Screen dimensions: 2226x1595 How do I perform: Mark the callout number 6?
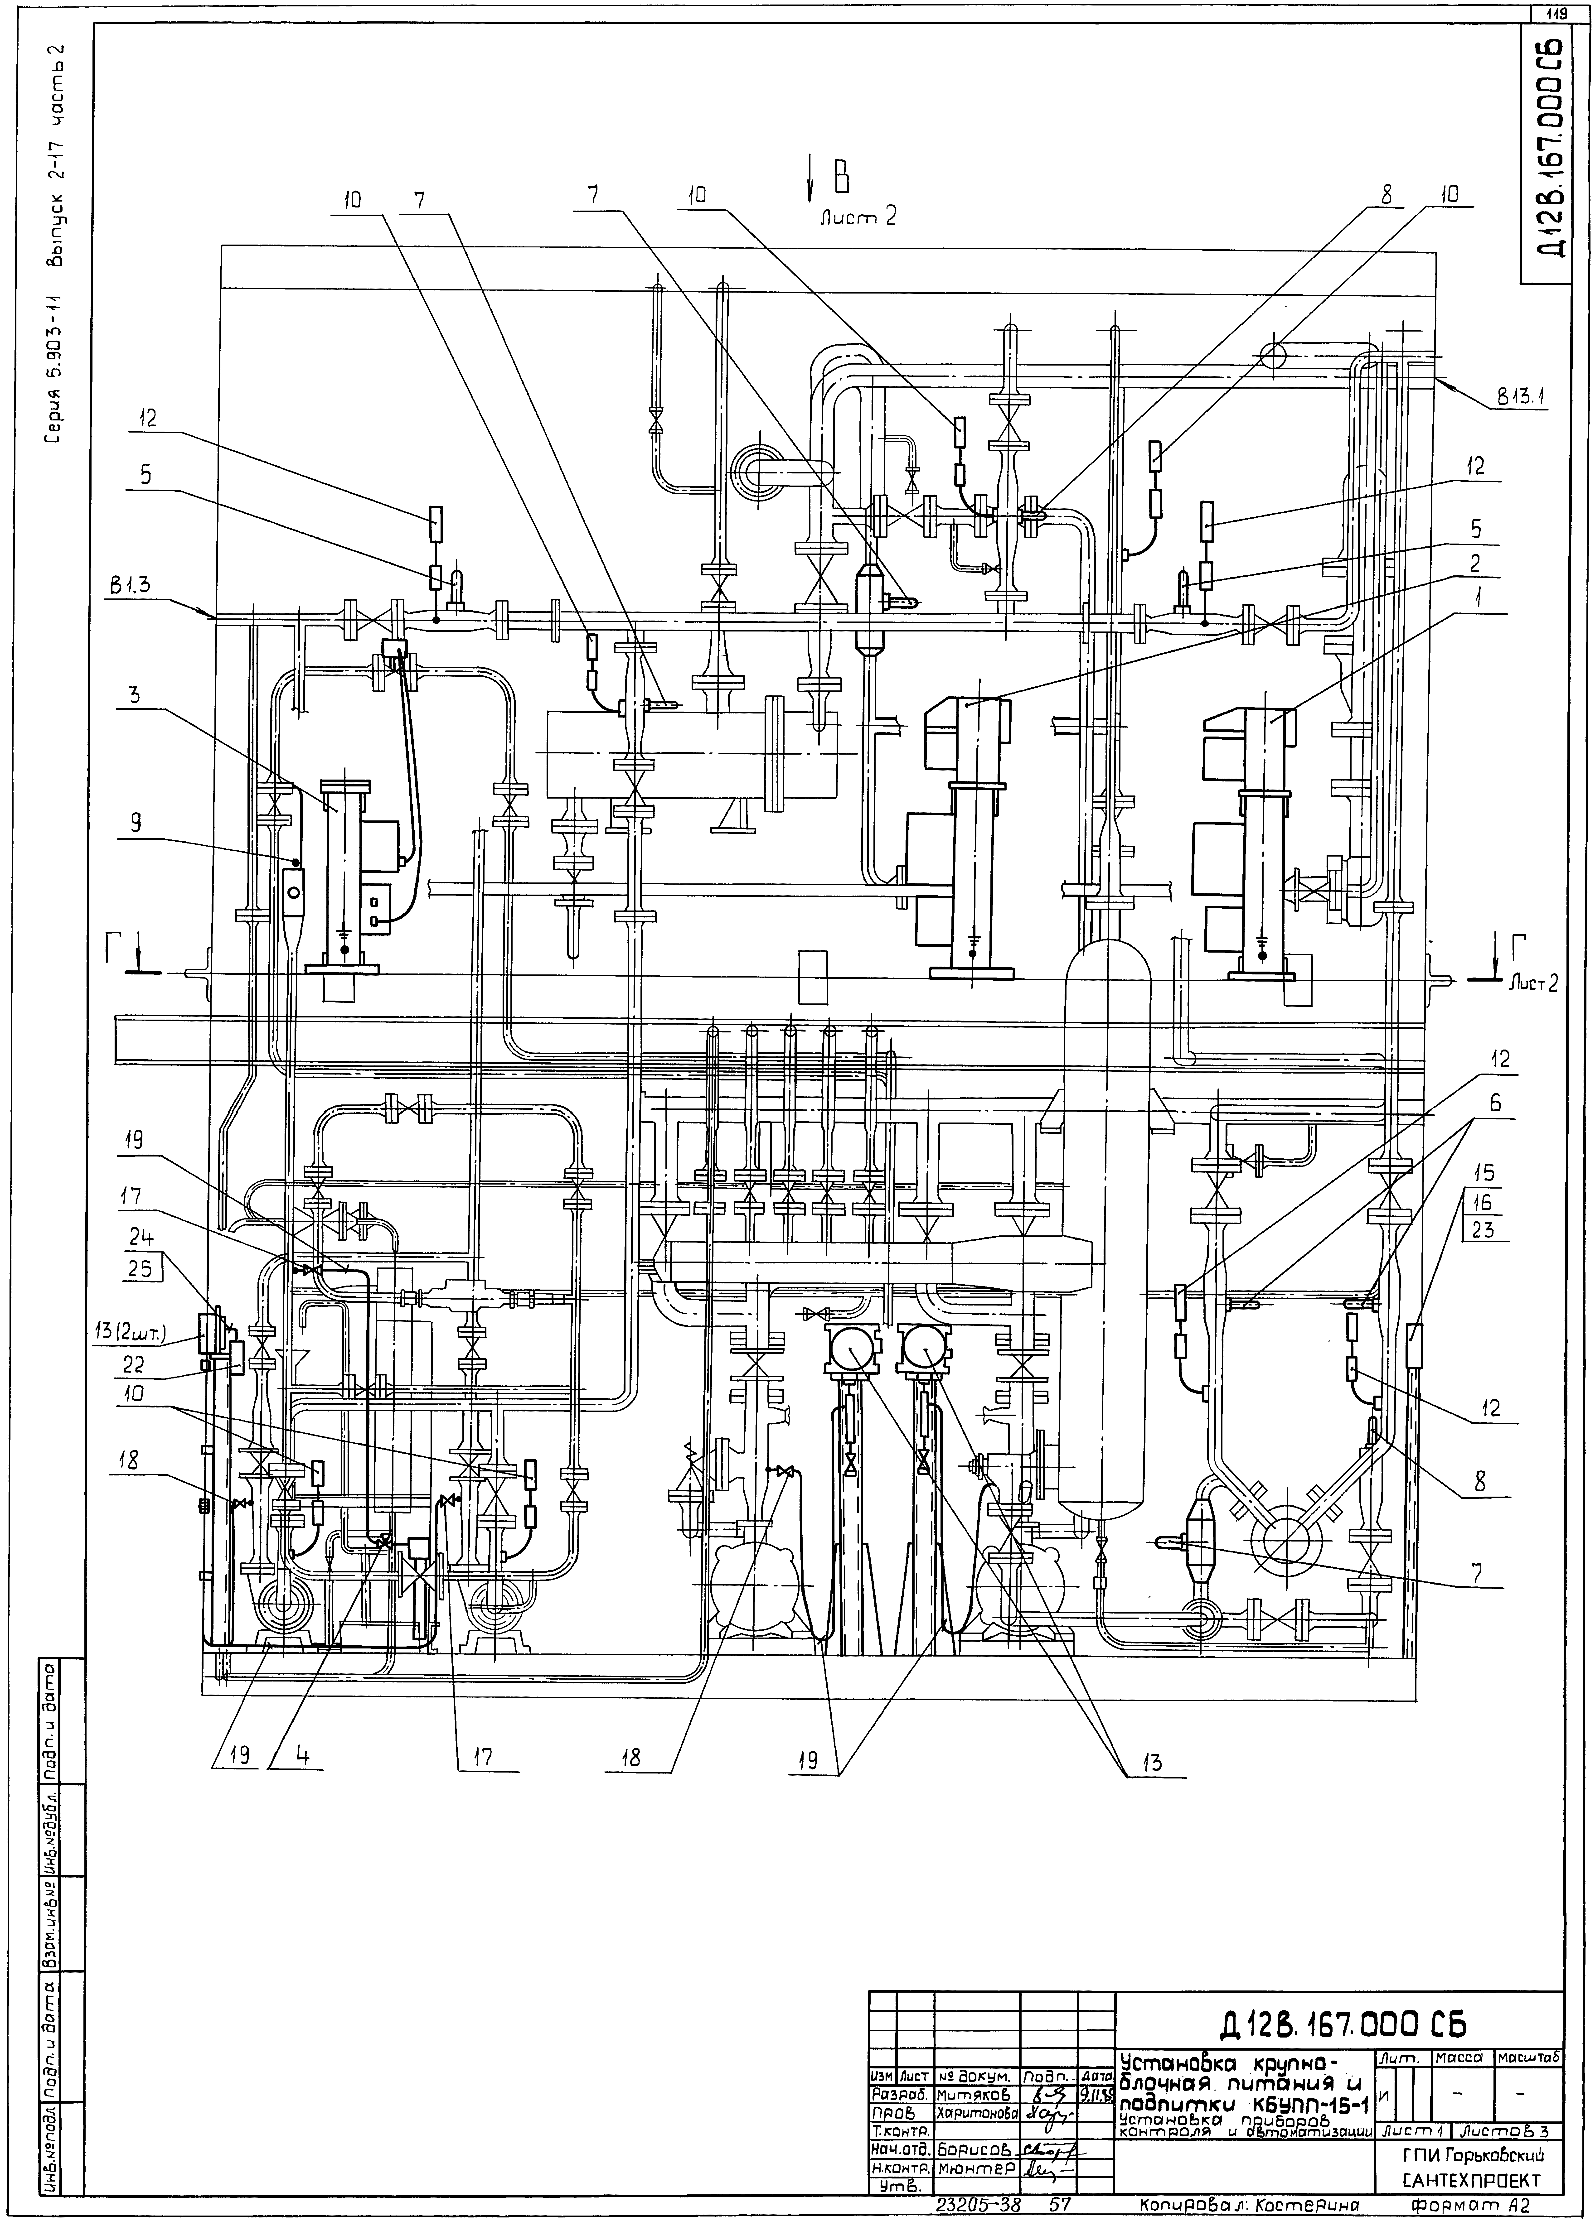(x=1494, y=1103)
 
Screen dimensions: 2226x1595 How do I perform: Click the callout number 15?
(x=1484, y=1174)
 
